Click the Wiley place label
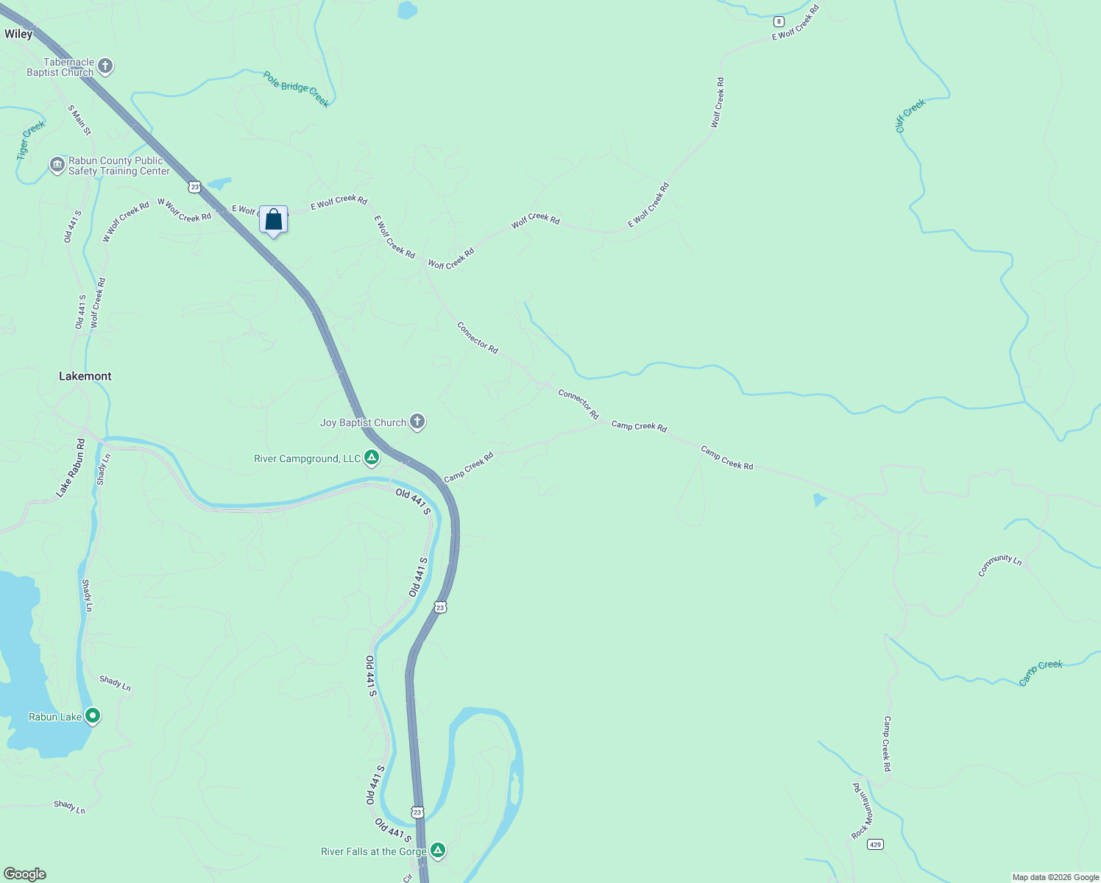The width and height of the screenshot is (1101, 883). pos(18,34)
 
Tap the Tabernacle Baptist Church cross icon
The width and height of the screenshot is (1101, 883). pos(105,67)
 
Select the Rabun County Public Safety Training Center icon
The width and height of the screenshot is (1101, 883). pos(57,166)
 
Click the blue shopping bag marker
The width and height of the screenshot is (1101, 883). pos(273,220)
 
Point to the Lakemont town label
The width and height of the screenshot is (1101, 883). pos(85,376)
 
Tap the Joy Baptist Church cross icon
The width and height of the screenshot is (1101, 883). pos(417,422)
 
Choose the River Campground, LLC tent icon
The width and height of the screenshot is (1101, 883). pos(372,458)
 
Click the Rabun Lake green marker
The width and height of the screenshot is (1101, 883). pos(93,716)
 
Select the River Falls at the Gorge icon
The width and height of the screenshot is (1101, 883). pos(438,851)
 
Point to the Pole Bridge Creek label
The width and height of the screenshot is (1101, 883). pos(297,89)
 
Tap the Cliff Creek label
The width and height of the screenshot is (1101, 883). pos(910,116)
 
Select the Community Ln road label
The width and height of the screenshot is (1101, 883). pos(999,565)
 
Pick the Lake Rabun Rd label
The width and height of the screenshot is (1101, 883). pos(71,468)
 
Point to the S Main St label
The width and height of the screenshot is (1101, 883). pos(79,120)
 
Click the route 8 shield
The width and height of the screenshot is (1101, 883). pos(779,21)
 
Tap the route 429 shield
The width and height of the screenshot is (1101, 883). pos(874,844)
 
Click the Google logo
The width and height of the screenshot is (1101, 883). pos(25,874)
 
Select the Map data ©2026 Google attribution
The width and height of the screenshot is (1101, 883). pos(1055,877)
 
